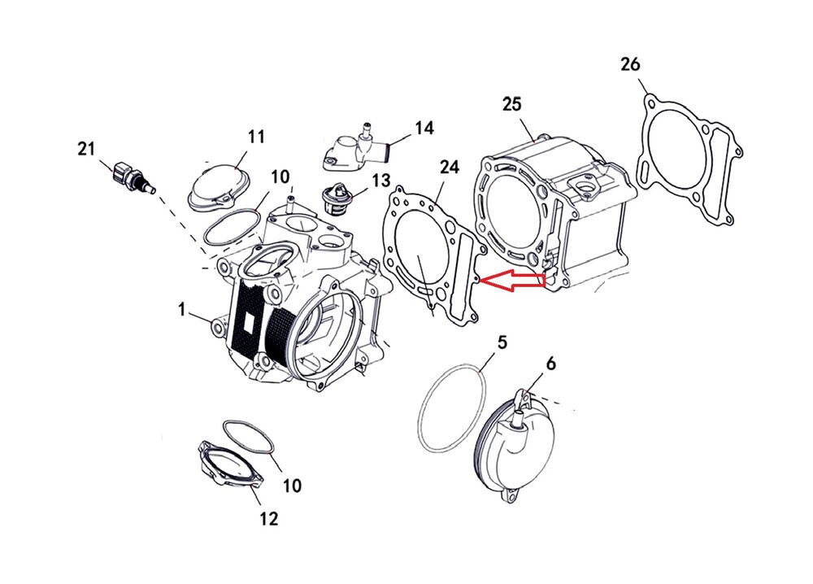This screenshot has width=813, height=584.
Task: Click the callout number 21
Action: point(86,149)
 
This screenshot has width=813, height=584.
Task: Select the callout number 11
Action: point(256,137)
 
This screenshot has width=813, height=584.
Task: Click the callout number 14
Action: point(424,128)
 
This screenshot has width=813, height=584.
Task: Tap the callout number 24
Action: point(450,167)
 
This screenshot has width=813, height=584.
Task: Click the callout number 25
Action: point(511,104)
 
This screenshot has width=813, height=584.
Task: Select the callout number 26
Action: point(630,63)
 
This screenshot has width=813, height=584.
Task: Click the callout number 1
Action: point(183,309)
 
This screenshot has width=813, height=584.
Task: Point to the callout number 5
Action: point(502,342)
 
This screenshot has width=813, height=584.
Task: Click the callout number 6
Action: point(551,365)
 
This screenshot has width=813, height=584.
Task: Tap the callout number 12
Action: point(268,518)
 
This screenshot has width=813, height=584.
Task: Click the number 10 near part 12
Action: point(291,486)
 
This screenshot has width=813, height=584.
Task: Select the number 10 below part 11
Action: point(280,177)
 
